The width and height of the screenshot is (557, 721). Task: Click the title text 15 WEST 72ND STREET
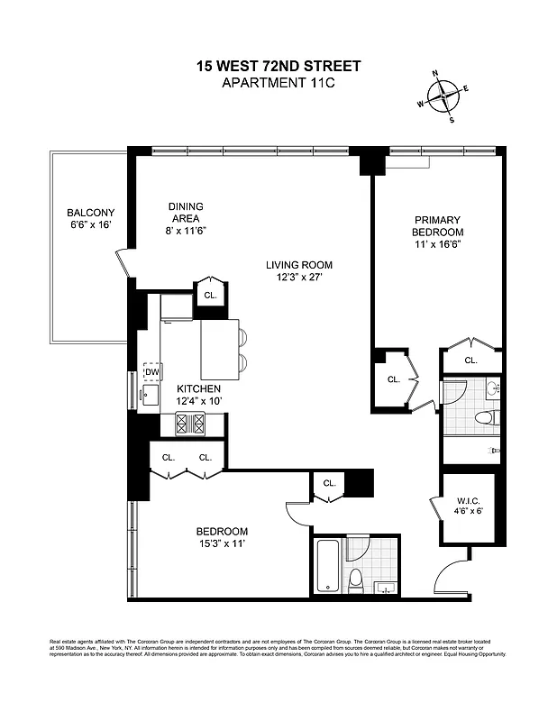[278, 66]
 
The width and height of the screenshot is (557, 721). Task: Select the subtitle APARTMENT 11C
[278, 84]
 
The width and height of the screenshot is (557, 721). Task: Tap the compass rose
[443, 95]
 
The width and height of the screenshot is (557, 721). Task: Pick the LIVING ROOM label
[299, 265]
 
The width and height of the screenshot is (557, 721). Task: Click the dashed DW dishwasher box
[151, 371]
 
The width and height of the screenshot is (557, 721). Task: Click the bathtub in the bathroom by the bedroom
[327, 564]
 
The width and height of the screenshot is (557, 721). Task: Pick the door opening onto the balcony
[123, 263]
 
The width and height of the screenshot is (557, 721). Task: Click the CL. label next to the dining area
[210, 295]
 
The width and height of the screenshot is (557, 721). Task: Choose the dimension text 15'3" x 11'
[222, 543]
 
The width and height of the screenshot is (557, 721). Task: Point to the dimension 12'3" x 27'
[299, 278]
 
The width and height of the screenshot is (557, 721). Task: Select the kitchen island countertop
[218, 349]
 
